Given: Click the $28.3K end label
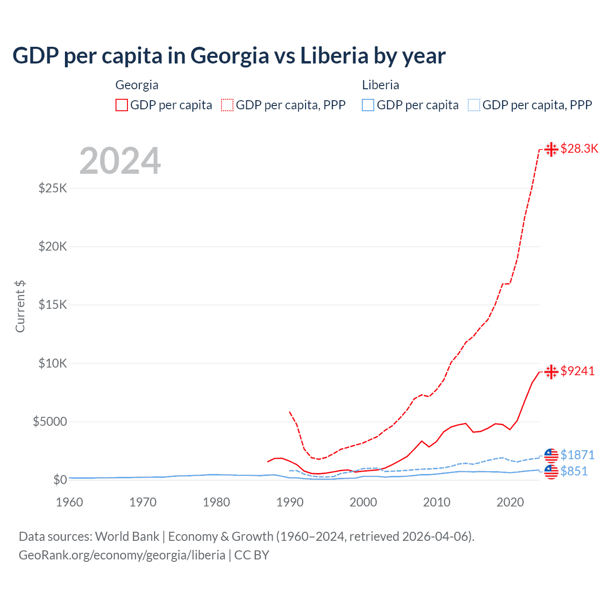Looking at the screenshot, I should click(x=579, y=149).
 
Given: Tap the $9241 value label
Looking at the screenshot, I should click(x=578, y=371).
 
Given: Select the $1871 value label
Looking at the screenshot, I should click(x=578, y=455).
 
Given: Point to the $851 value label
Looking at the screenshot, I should click(x=574, y=471).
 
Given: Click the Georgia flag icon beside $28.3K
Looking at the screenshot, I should click(x=551, y=149).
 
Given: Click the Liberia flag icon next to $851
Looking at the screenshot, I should click(x=551, y=472).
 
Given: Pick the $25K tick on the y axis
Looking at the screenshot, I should click(x=53, y=188).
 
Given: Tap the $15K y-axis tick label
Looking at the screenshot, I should click(x=53, y=305).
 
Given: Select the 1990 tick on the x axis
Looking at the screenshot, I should click(x=290, y=502).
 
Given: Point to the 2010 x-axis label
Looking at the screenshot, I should click(x=437, y=502).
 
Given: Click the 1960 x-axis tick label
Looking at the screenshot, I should click(x=70, y=502).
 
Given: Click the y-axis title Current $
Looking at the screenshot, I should click(x=20, y=306).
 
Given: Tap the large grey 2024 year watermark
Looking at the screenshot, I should click(x=120, y=161).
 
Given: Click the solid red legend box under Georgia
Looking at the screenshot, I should click(x=122, y=105).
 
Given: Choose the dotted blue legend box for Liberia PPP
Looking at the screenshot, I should click(x=474, y=105).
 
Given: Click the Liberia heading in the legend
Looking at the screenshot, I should click(x=380, y=85).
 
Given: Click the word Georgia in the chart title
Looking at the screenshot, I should click(x=230, y=56).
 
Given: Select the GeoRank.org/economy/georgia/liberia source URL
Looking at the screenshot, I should click(x=122, y=555).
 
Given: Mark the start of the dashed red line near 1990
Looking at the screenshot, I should click(x=290, y=412).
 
